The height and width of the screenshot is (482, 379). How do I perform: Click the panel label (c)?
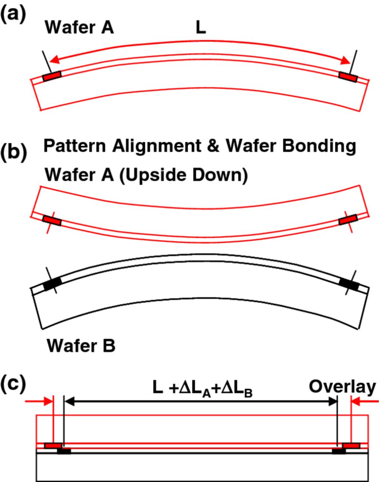point(14,384)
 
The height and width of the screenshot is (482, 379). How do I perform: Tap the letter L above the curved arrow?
point(201,28)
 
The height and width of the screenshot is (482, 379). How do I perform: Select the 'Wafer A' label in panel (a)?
point(79,28)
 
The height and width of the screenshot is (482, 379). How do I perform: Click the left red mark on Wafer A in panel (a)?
point(52,77)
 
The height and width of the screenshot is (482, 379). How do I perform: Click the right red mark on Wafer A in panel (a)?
point(348,76)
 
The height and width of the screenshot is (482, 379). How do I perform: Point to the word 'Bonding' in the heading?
point(319,146)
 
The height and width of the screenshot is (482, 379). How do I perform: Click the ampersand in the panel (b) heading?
point(213,146)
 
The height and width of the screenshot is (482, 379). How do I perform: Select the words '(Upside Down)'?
point(183,175)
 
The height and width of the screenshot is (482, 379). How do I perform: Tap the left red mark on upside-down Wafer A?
point(52,221)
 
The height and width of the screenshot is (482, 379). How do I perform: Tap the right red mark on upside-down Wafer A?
point(348,220)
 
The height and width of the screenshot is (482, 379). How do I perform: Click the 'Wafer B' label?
point(81,345)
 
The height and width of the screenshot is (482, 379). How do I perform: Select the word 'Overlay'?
point(342,387)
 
